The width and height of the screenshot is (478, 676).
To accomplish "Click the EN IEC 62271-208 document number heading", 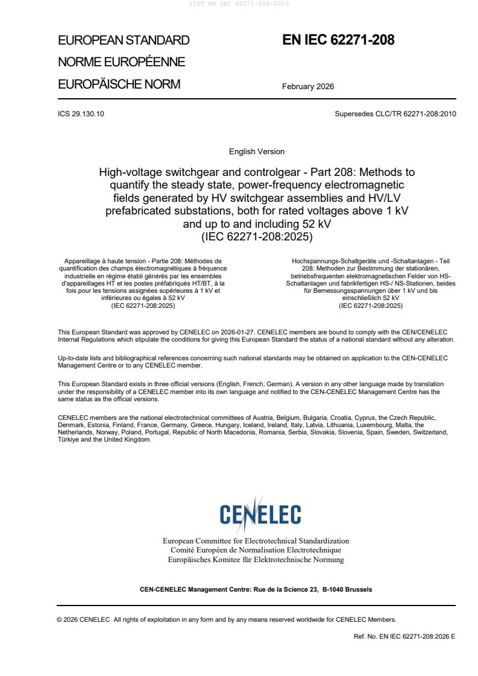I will tap(338, 40).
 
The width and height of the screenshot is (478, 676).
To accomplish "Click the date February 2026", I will tap(308, 86).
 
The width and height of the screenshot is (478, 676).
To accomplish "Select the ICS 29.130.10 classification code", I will tap(81, 113).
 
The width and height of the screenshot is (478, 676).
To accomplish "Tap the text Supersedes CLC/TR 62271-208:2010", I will tap(395, 113).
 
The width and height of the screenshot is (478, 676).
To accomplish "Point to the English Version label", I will tap(257, 151).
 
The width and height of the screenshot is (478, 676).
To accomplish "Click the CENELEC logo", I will tap(260, 514).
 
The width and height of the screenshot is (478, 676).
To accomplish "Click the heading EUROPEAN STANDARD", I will tap(124, 40).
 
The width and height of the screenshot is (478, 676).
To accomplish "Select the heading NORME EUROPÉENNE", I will tap(121, 62).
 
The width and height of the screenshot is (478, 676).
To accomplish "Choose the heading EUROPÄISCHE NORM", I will tap(119, 84).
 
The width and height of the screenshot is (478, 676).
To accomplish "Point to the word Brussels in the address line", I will tap(358, 589).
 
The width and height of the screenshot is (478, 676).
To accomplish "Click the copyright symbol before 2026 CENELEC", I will tap(60, 619).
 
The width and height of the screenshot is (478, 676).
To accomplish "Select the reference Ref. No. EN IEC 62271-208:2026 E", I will tap(404, 636).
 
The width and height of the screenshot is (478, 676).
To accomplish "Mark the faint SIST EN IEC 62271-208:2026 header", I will tap(239, 4).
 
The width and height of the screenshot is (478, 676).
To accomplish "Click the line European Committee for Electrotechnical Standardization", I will tap(256, 541).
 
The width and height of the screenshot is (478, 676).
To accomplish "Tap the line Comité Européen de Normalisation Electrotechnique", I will tap(256, 550).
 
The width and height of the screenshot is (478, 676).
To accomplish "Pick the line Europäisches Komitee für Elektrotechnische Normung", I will tap(256, 560).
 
